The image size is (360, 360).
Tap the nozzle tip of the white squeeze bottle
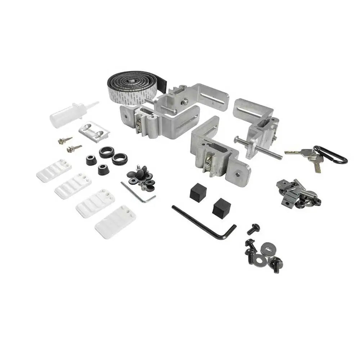pos(96,103)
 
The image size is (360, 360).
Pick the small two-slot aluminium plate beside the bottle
pos(94,131)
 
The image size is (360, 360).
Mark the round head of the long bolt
pos(236,139)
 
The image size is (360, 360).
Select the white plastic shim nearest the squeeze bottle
pos(54,170)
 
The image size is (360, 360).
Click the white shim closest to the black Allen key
pos(115,221)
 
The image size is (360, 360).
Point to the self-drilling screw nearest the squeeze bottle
pos(65,140)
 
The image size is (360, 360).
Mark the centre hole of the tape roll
pos(132,81)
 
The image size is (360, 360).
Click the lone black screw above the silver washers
pos(254,228)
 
